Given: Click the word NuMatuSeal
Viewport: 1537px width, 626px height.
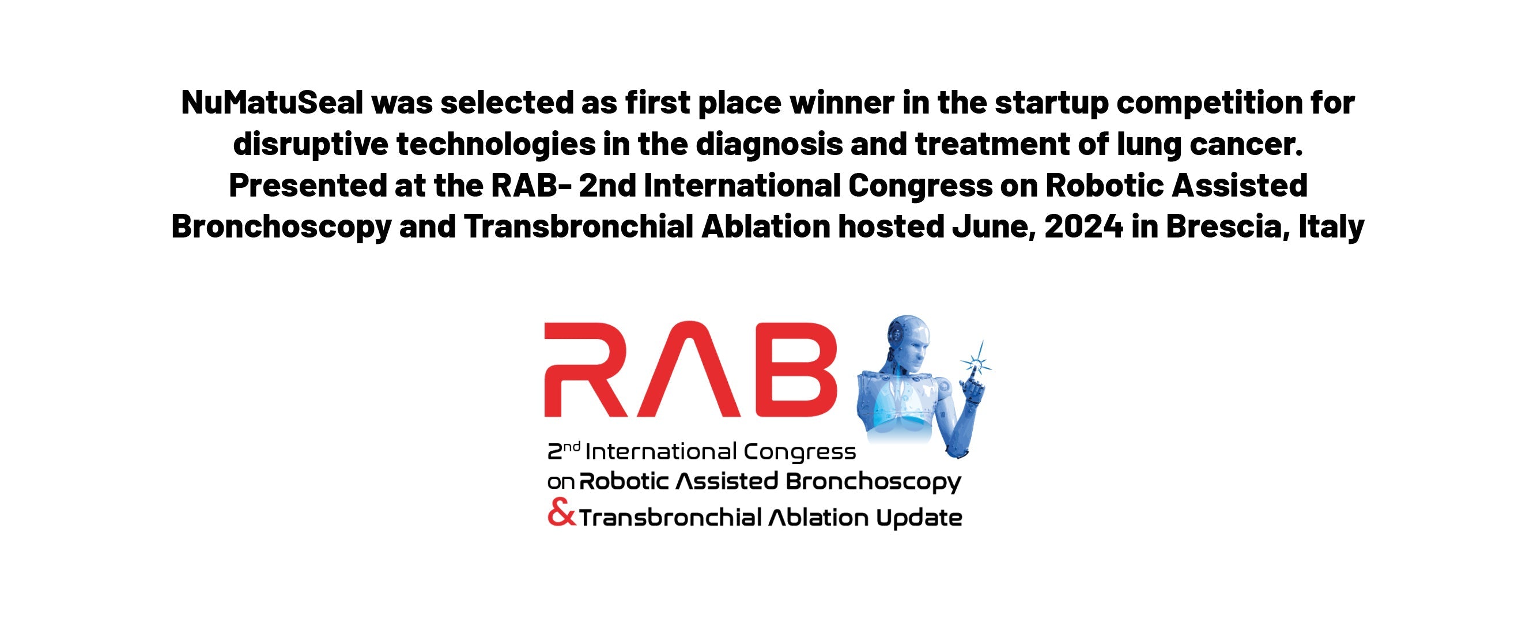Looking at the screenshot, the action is click(x=272, y=103).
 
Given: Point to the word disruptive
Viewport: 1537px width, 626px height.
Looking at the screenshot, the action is click(x=310, y=145).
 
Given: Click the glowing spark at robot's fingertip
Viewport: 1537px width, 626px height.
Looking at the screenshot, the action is click(x=977, y=361).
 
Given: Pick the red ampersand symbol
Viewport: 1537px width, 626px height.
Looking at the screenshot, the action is click(x=561, y=514).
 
